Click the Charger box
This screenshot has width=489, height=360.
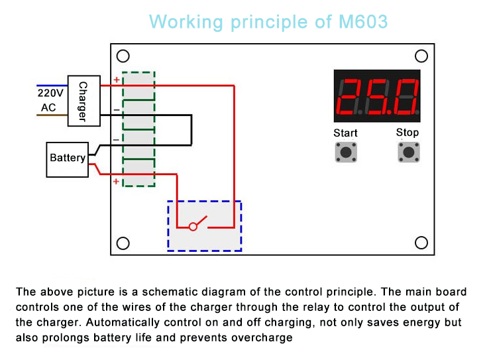[x=83, y=101]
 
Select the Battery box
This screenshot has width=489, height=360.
[x=67, y=158]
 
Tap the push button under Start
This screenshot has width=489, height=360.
[x=345, y=152]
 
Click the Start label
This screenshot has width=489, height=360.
[x=345, y=133]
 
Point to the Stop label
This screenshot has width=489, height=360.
[x=407, y=133]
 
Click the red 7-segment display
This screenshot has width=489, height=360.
[x=377, y=95]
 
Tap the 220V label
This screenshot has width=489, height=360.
[x=51, y=93]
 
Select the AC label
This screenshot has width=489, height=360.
[x=48, y=107]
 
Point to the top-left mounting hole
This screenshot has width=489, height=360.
[x=123, y=56]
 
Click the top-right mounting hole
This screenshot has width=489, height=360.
[x=421, y=56]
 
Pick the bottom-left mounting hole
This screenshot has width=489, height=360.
[x=123, y=243]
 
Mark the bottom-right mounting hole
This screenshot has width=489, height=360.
[x=421, y=243]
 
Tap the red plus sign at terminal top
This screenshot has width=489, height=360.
[x=117, y=80]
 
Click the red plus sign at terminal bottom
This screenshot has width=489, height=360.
[x=117, y=181]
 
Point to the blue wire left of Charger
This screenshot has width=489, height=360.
[x=51, y=86]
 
